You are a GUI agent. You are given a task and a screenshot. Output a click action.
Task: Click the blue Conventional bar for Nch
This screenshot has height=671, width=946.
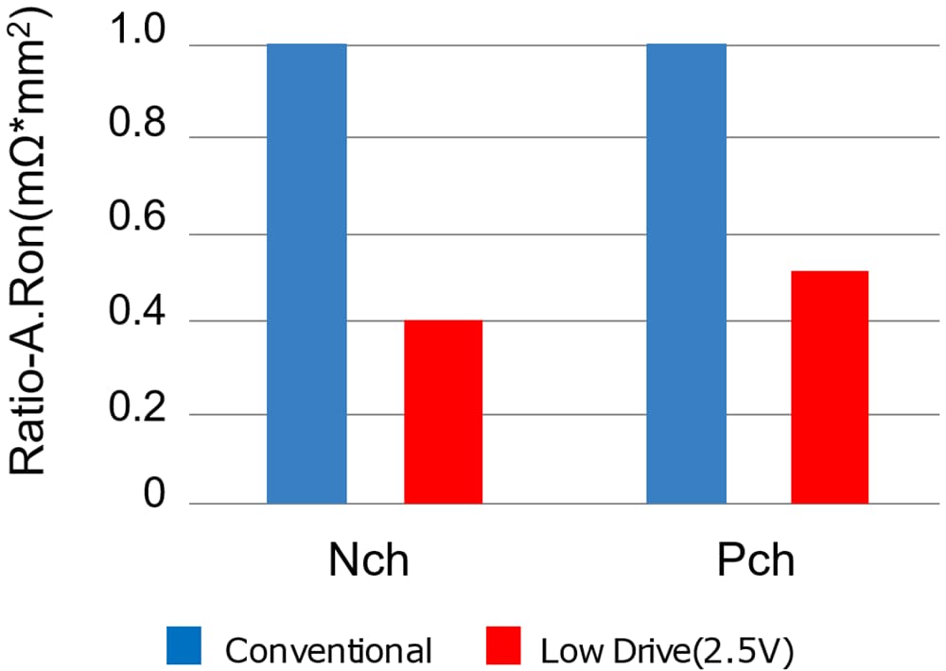click(x=307, y=274)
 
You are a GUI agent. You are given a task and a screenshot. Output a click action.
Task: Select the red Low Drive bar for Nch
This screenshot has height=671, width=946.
click(x=443, y=412)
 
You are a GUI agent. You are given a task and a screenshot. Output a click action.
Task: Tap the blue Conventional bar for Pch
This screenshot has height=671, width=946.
click(x=686, y=274)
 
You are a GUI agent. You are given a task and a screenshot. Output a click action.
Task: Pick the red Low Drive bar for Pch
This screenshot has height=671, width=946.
click(x=830, y=387)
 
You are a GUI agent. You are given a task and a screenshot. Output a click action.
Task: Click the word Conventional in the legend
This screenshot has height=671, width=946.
click(x=328, y=650)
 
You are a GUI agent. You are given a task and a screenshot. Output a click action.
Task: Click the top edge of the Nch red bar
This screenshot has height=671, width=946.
click(x=443, y=321)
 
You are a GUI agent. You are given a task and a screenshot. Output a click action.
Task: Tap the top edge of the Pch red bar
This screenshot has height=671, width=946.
click(x=830, y=272)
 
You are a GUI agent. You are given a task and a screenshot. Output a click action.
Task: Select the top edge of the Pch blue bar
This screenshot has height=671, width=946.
click(x=686, y=44)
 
